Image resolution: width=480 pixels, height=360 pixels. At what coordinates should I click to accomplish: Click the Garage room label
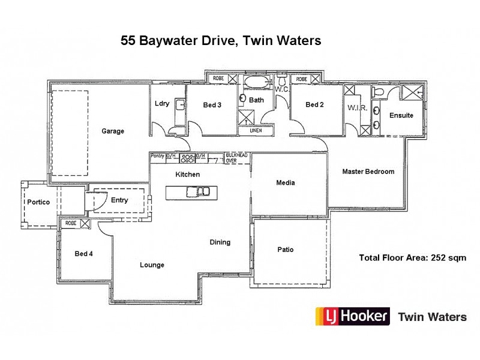[x=113, y=131]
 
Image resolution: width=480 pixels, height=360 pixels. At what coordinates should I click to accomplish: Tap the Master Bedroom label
[x=368, y=172]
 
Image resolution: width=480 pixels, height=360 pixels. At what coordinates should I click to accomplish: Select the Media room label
[x=285, y=183]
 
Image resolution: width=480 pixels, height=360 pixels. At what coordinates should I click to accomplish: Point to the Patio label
[x=285, y=250]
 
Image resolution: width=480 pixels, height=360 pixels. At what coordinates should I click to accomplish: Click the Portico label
[x=38, y=202]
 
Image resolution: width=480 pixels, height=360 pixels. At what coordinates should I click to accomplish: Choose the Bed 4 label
[x=83, y=253]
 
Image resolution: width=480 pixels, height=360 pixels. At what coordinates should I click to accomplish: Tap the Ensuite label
[x=401, y=115]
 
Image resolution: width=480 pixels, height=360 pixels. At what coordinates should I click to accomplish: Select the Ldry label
[x=162, y=103]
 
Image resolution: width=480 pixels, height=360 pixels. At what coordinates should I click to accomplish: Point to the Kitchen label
[x=187, y=175]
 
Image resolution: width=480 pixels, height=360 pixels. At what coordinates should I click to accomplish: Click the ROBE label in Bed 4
[x=70, y=223]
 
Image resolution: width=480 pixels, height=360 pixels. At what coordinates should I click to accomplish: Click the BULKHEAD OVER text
[x=236, y=158]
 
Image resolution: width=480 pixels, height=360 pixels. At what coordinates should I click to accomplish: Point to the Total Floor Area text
[x=412, y=258]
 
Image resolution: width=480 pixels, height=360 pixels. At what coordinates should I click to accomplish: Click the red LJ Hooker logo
[x=352, y=316]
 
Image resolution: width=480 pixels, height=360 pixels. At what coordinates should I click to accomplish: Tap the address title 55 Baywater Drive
[x=221, y=41]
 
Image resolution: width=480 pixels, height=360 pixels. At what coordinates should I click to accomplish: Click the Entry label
[x=119, y=200]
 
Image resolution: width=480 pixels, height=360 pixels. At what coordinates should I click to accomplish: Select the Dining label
[x=220, y=242]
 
